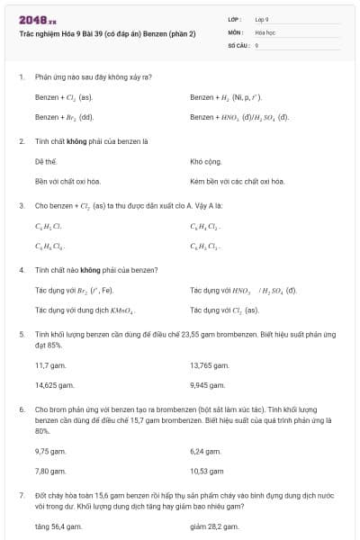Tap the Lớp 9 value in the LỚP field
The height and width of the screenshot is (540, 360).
click(x=262, y=19)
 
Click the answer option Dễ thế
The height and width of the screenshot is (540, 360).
click(x=45, y=161)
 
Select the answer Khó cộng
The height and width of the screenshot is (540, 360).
click(x=206, y=161)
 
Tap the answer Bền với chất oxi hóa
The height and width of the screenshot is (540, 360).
click(x=67, y=181)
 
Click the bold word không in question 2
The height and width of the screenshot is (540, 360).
click(x=91, y=140)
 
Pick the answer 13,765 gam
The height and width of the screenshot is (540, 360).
click(x=210, y=364)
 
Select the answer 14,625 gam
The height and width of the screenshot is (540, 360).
click(x=54, y=384)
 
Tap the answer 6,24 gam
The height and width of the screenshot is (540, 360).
click(x=206, y=451)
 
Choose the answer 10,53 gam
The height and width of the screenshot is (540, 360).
click(x=207, y=471)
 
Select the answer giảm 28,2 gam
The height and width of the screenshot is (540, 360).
click(x=214, y=526)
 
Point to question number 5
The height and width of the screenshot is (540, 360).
click(x=22, y=334)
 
